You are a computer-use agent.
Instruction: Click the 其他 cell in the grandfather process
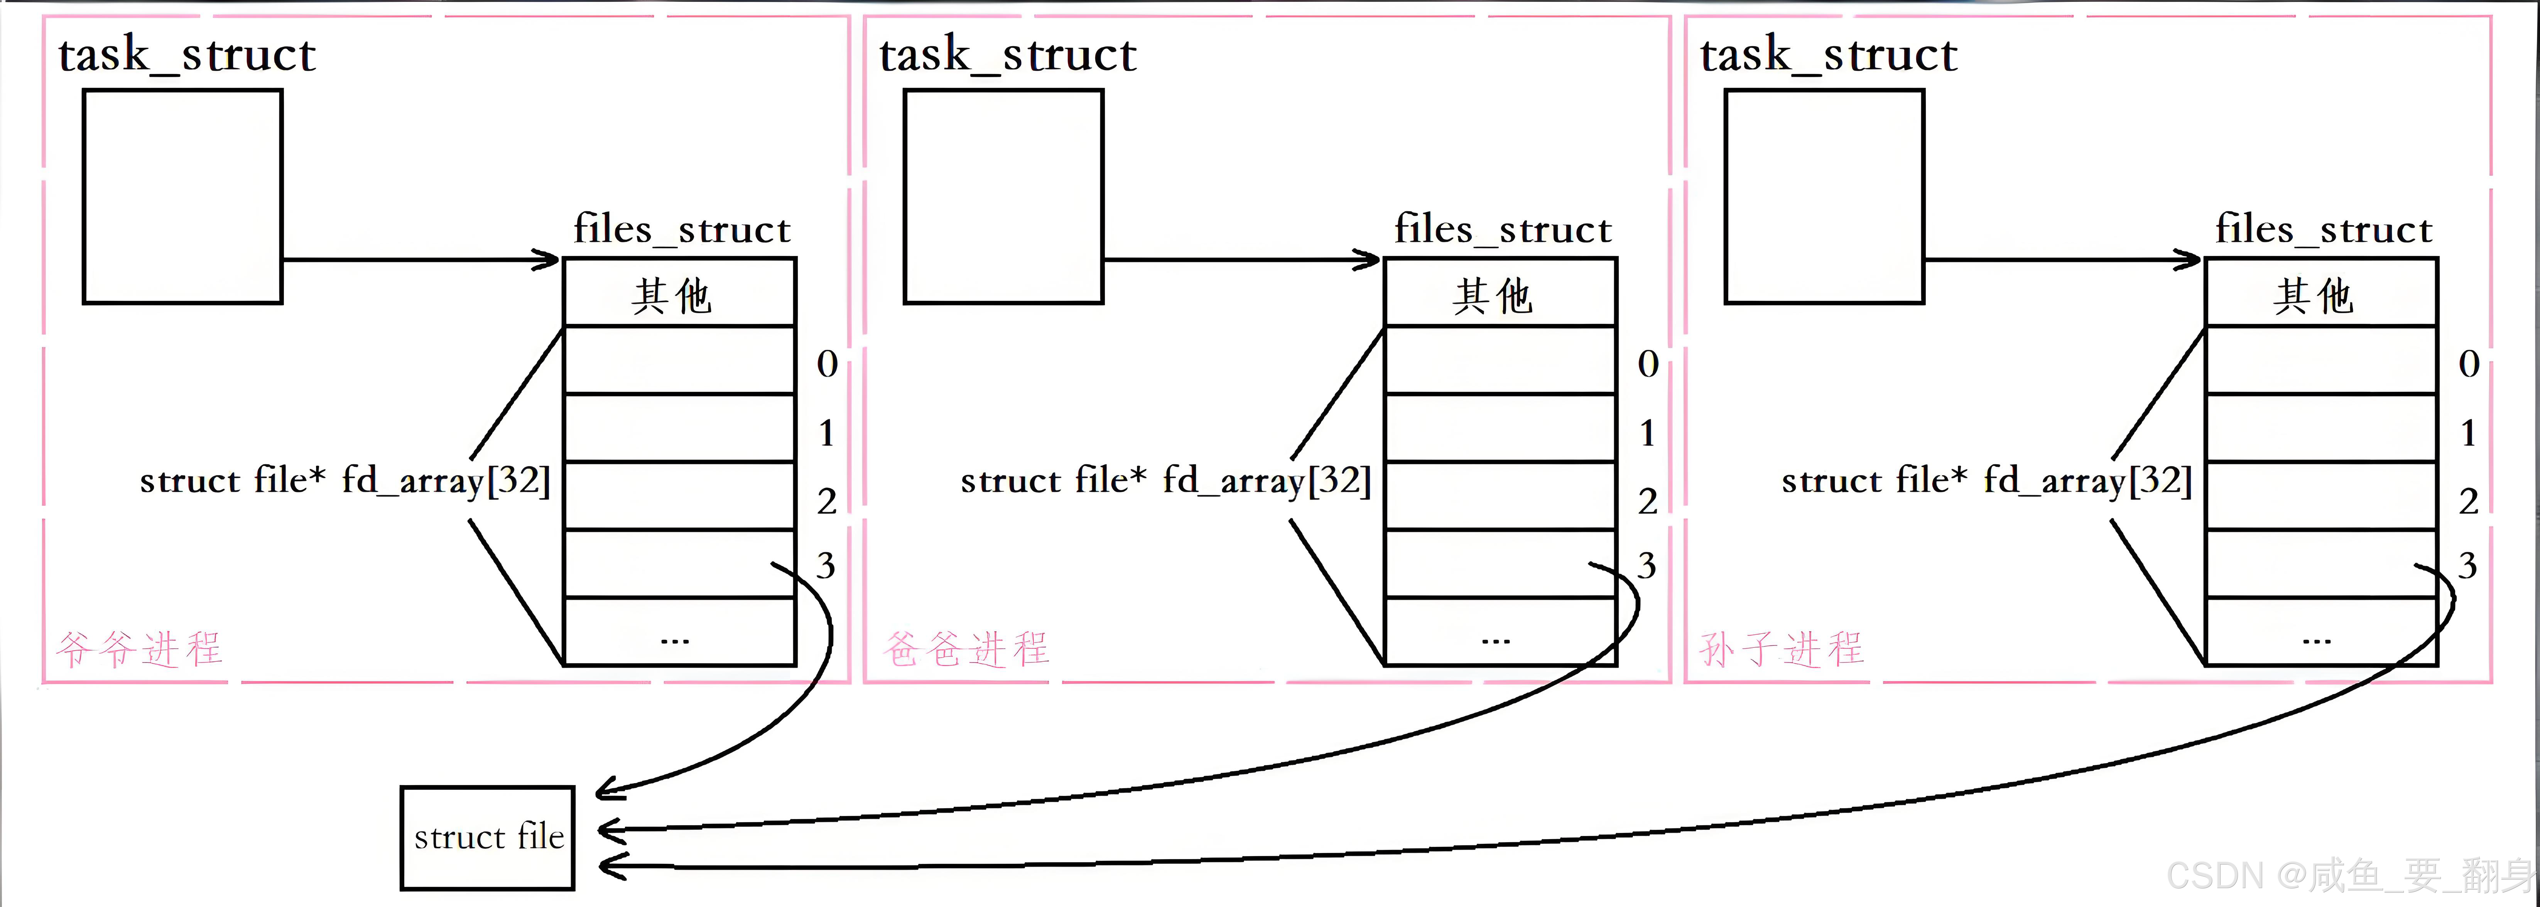pyautogui.click(x=678, y=294)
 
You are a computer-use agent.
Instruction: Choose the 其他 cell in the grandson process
pyautogui.click(x=2320, y=294)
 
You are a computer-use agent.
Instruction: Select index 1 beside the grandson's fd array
pyautogui.click(x=2468, y=433)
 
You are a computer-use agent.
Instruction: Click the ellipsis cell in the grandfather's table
pyautogui.click(x=678, y=633)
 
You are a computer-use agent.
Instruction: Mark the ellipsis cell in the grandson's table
pyautogui.click(x=2320, y=633)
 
